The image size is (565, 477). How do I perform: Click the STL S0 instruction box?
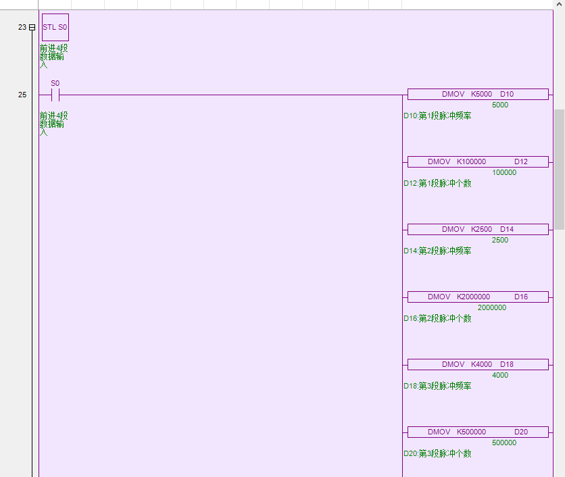(55, 28)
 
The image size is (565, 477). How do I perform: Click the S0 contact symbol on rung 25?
(55, 95)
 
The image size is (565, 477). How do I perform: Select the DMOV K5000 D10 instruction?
(478, 95)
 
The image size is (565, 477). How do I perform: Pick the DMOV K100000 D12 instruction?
(478, 162)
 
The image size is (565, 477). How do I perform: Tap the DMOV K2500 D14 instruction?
(478, 230)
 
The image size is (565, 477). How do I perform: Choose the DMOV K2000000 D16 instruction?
(478, 297)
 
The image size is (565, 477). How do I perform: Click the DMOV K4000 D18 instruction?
(478, 365)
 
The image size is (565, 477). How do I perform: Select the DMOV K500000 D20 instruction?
(478, 432)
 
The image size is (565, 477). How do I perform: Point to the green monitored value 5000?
(500, 105)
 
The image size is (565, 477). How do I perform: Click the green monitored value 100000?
(504, 173)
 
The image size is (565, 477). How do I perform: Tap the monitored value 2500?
(500, 241)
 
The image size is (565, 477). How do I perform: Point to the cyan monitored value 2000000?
(492, 308)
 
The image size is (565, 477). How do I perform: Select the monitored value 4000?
(500, 376)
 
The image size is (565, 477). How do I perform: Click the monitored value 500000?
(504, 443)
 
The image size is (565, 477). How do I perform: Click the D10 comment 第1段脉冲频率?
(437, 116)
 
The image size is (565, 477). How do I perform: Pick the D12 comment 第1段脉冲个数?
(437, 184)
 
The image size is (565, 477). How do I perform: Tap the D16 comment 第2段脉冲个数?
(437, 319)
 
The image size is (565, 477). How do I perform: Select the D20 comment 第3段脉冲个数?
(437, 454)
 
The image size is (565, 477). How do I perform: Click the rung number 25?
(22, 95)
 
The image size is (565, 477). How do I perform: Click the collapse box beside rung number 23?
(32, 28)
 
